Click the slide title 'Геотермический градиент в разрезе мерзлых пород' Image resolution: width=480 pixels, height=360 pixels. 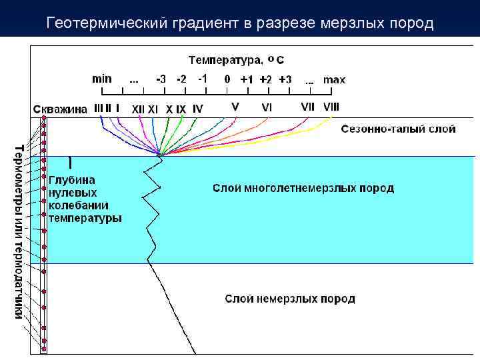coord(240,24)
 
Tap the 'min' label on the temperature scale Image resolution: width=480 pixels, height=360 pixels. coord(101,78)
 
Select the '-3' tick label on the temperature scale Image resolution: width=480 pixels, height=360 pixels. coord(161,79)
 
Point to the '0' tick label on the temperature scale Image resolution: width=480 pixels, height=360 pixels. coord(227,79)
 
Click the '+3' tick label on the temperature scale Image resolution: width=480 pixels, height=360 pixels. coord(285,79)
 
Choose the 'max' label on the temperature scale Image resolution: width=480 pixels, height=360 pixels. coord(334,79)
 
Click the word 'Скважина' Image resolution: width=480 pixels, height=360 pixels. coord(60,109)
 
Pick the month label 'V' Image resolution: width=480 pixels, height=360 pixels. coord(235,106)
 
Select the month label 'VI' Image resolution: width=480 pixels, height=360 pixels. coord(267,107)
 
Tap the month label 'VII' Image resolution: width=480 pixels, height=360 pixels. coord(307,106)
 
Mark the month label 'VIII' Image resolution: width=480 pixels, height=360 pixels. coord(331,106)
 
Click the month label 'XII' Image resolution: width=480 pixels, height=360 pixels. coord(138,108)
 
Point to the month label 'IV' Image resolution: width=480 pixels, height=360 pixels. coord(197,108)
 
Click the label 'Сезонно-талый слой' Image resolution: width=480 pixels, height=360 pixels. coord(399,129)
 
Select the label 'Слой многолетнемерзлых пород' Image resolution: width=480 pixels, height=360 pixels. coord(303,189)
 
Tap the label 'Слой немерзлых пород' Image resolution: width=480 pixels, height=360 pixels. coord(289,299)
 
